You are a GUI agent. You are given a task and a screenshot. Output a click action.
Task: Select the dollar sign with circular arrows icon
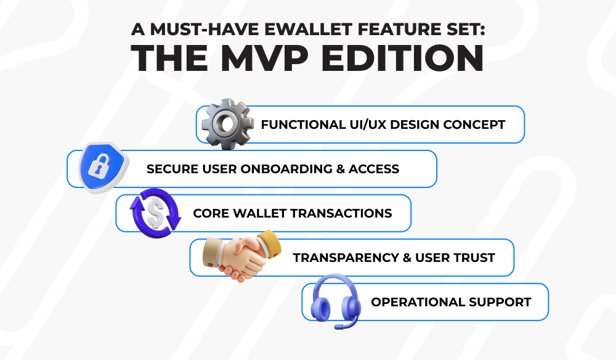coord(155,213)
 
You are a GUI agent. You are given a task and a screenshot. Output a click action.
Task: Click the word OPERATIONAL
coord(418,302)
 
